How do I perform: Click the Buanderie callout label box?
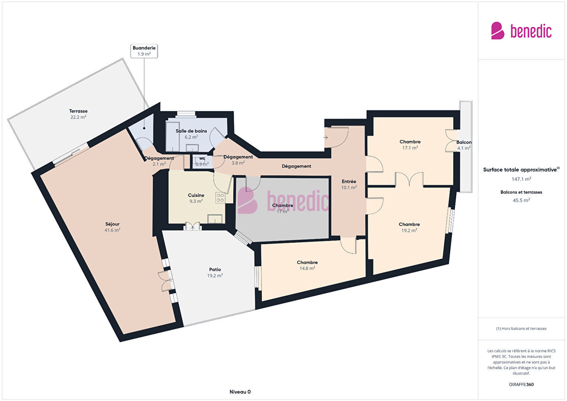click(144, 51)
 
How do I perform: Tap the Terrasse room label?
click(78, 111)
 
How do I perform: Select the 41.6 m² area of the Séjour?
click(112, 230)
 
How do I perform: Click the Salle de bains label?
click(191, 131)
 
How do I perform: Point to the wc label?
click(202, 158)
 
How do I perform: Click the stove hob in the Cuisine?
click(220, 198)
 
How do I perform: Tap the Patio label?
click(215, 269)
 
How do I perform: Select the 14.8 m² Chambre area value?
click(307, 268)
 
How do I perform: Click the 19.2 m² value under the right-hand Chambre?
click(409, 230)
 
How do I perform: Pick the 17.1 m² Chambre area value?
click(410, 148)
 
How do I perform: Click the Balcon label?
click(464, 142)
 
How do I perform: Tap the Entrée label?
click(349, 181)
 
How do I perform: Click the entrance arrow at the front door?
click(326, 138)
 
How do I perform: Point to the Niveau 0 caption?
click(240, 392)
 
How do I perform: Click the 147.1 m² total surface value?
click(521, 179)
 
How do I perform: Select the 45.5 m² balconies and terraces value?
click(521, 200)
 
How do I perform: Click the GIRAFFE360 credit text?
click(521, 384)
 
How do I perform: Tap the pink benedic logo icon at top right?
click(498, 30)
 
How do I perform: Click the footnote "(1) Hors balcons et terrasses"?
click(521, 329)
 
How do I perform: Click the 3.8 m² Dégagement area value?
click(238, 163)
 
